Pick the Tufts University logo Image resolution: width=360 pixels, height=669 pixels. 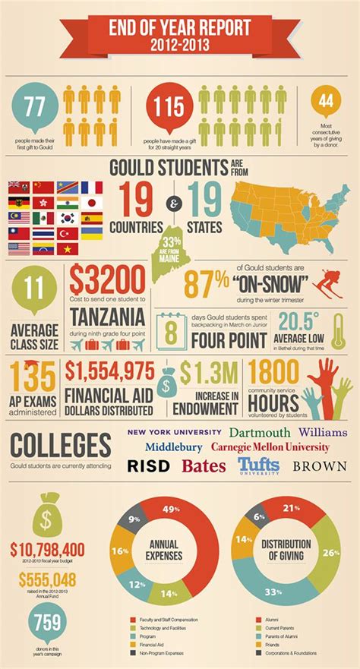(259, 464)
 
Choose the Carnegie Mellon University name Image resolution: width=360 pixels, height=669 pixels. (270, 447)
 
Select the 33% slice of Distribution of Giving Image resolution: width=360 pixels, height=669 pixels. (270, 587)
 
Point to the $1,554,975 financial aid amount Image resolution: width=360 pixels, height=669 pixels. (109, 371)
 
